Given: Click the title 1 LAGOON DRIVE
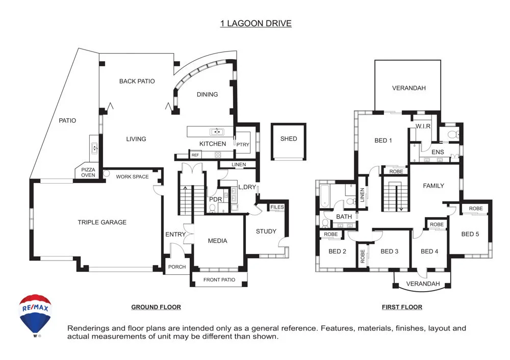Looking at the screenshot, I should point(256,23).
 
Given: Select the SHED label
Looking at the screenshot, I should point(288,139).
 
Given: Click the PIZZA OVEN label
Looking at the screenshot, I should point(88,172).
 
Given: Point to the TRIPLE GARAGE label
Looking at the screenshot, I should point(102,222).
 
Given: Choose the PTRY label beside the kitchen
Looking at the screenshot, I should point(243,145).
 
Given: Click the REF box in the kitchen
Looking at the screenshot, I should point(195,155).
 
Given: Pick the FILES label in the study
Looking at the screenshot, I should point(277,207).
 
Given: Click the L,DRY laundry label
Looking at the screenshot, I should point(247,188).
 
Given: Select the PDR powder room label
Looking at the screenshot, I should point(215,199).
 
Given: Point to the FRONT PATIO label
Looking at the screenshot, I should point(219,279).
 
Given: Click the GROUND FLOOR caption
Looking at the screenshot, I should point(156,307).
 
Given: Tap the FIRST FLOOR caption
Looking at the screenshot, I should point(402,307).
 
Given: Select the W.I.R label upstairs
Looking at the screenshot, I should point(424,126).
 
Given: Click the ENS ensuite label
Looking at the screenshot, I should point(438,152).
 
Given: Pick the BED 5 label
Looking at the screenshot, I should point(470,235).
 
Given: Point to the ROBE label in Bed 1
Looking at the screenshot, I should point(396,171).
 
